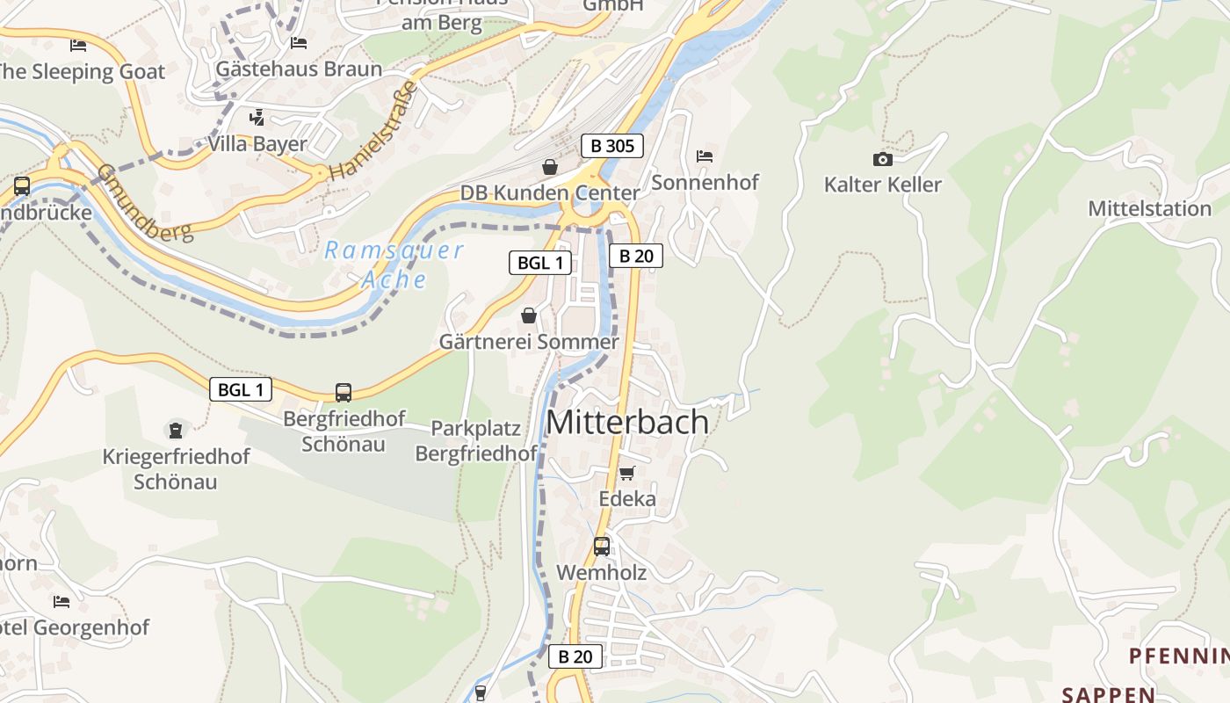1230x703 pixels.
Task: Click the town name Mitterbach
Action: [x=627, y=422]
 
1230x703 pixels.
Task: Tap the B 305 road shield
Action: [x=612, y=146]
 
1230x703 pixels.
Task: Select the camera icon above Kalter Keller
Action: [x=882, y=159]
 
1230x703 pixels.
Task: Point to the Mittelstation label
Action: [x=1149, y=209]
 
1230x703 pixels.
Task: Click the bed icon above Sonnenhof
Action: [x=704, y=156]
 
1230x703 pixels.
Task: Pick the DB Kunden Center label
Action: [x=550, y=193]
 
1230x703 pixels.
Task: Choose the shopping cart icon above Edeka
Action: [x=626, y=474]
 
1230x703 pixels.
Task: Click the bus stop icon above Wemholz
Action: [x=601, y=547]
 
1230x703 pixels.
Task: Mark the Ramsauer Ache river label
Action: [x=394, y=265]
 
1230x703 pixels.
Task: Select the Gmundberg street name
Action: [x=145, y=203]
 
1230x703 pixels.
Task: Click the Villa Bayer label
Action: [x=257, y=144]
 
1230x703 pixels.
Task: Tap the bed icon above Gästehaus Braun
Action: [x=299, y=42]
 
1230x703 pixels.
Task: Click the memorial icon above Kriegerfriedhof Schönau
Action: [x=176, y=431]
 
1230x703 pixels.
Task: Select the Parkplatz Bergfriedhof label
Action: [x=475, y=441]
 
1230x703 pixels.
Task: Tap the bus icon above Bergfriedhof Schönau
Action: [x=344, y=393]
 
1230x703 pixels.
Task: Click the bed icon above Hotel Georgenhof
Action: [x=61, y=602]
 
